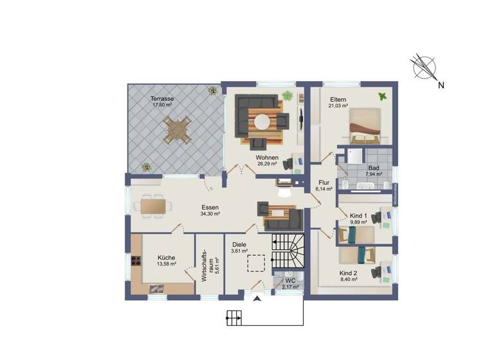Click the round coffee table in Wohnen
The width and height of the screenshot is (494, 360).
coord(263,121)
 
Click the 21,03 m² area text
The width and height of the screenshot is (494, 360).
coord(338,106)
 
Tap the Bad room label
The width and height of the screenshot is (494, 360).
coord(374,167)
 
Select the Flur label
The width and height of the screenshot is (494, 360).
coord(324,182)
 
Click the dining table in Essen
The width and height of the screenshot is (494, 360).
coord(154,206)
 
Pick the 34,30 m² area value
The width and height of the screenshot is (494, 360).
coord(210,214)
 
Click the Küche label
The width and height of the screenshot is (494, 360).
coord(165,257)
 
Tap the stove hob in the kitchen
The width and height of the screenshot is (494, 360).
coord(136,261)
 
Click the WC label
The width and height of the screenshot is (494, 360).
coord(290,280)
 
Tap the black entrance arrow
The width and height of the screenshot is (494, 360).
coord(257,299)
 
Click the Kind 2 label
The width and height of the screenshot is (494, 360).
coord(349,273)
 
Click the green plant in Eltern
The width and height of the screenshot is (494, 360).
coord(383,96)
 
